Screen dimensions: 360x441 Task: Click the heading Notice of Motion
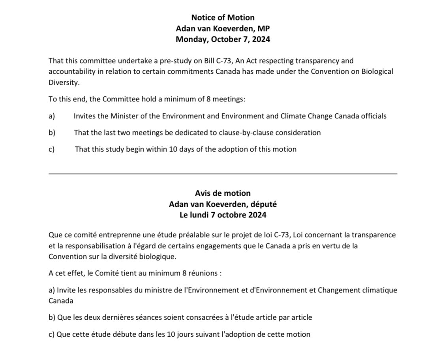coord(223,17)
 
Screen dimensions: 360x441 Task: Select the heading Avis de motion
coord(223,193)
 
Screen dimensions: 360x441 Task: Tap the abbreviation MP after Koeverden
coord(264,28)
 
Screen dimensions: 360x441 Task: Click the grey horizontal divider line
coord(223,173)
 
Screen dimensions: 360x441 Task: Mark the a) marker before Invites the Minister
coord(52,116)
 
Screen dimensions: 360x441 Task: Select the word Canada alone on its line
coord(61,300)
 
